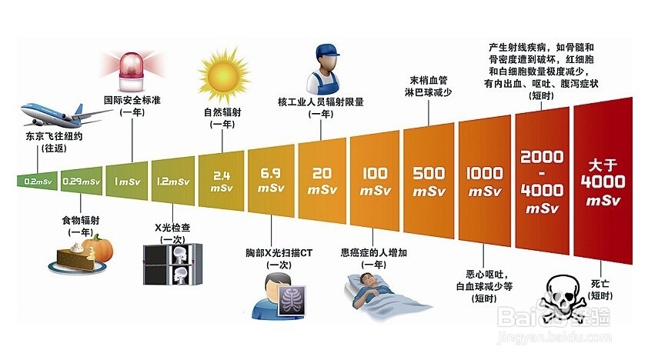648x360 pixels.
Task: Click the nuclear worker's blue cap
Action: pos(326,53)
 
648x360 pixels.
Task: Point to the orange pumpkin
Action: pos(97,248)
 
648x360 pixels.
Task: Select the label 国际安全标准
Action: pos(132,100)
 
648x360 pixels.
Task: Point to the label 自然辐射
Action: pos(222,112)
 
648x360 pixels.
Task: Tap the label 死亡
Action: pos(600,283)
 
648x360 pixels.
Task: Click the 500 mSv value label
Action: pos(429,180)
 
